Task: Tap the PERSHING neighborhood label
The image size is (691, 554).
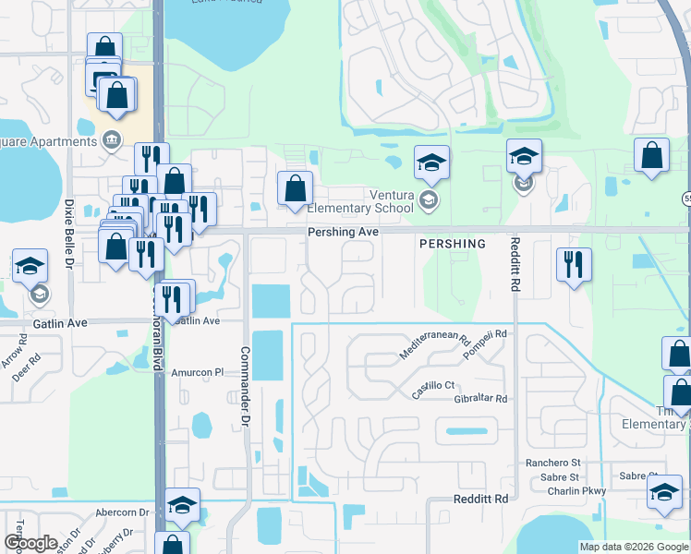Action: (x=452, y=244)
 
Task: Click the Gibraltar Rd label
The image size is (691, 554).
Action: (x=480, y=399)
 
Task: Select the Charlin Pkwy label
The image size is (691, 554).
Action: (x=577, y=491)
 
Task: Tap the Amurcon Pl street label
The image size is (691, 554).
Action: (x=198, y=373)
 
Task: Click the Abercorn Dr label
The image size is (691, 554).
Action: (x=122, y=512)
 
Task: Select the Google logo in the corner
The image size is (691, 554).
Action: (x=30, y=542)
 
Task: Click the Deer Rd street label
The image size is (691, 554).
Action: (x=28, y=367)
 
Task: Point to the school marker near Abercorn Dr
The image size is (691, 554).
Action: (x=182, y=504)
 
